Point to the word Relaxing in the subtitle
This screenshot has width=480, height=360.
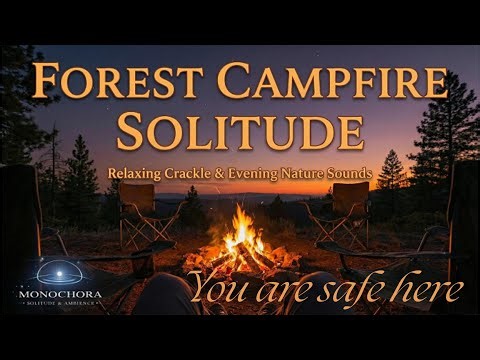[x=141, y=174]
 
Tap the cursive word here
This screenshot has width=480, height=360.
[x=425, y=290]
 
